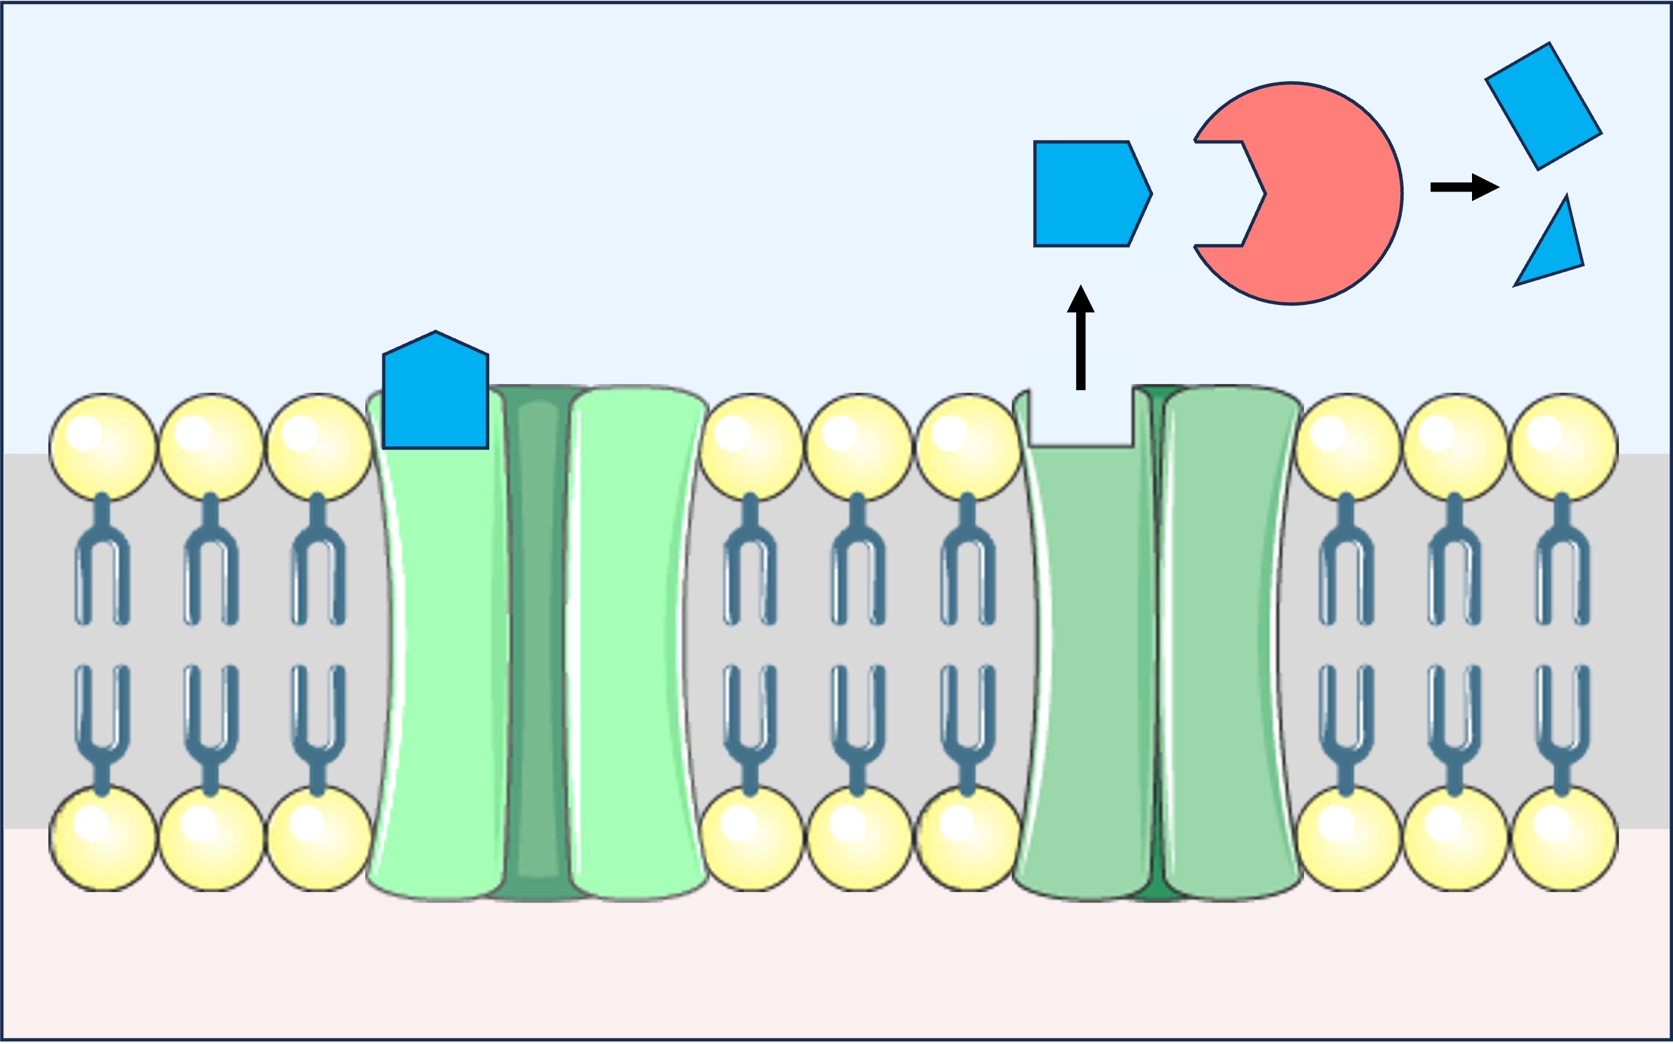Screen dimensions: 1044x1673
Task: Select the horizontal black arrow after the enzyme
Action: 1463,186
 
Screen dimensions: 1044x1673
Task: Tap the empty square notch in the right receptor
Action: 1081,417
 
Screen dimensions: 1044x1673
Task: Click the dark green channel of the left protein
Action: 537,642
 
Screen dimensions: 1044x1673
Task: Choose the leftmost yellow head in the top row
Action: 103,447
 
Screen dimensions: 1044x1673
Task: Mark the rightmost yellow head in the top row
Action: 1564,447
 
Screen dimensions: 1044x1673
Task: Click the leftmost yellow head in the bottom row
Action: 103,839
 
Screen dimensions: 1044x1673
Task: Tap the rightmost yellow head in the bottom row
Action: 1564,839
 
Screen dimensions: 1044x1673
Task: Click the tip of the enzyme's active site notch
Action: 1264,194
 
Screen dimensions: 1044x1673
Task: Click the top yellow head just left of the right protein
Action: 967,447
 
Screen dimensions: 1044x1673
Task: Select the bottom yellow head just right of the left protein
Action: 752,839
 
